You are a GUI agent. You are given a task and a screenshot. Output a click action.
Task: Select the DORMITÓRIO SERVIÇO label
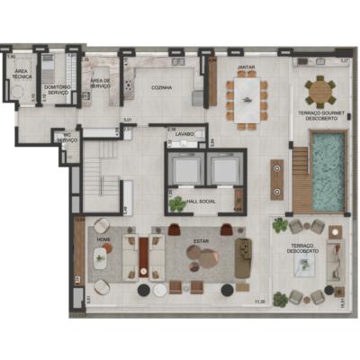58,89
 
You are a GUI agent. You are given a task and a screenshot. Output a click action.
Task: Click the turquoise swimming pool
328,170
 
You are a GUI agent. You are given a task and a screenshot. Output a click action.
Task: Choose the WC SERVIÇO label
67,139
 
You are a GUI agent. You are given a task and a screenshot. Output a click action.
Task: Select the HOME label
103,239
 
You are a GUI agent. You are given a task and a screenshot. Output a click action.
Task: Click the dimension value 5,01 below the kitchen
128,119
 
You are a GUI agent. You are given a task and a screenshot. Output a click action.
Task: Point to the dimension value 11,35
260,301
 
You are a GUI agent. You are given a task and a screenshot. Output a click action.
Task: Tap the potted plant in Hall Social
179,203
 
